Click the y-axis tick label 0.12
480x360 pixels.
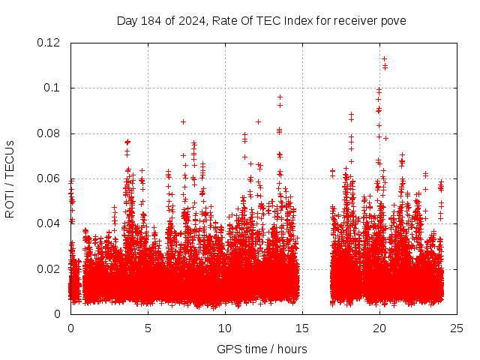pyautogui.click(x=50, y=43)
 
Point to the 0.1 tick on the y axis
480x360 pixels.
pyautogui.click(x=55, y=88)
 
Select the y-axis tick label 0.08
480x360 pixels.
pyautogui.click(x=50, y=133)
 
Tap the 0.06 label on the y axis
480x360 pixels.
pyautogui.click(x=50, y=178)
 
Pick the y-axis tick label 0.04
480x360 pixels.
pyautogui.click(x=50, y=223)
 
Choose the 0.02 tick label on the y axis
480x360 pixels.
pyautogui.click(x=50, y=268)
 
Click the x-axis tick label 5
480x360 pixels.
pyautogui.click(x=148, y=328)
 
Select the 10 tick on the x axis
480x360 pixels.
pyautogui.click(x=225, y=328)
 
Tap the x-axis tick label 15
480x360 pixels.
pyautogui.click(x=302, y=328)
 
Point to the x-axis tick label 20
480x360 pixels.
pyautogui.click(x=379, y=328)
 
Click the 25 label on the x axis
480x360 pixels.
pyautogui.click(x=457, y=328)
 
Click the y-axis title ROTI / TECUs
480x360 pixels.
pyautogui.click(x=10, y=178)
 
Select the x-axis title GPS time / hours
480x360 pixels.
pyautogui.click(x=262, y=349)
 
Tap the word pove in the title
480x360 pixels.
pyautogui.click(x=393, y=20)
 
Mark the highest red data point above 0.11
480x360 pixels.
pyautogui.click(x=384, y=58)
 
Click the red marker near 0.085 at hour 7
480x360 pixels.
pyautogui.click(x=183, y=121)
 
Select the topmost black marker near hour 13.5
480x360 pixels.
pyautogui.click(x=280, y=97)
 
